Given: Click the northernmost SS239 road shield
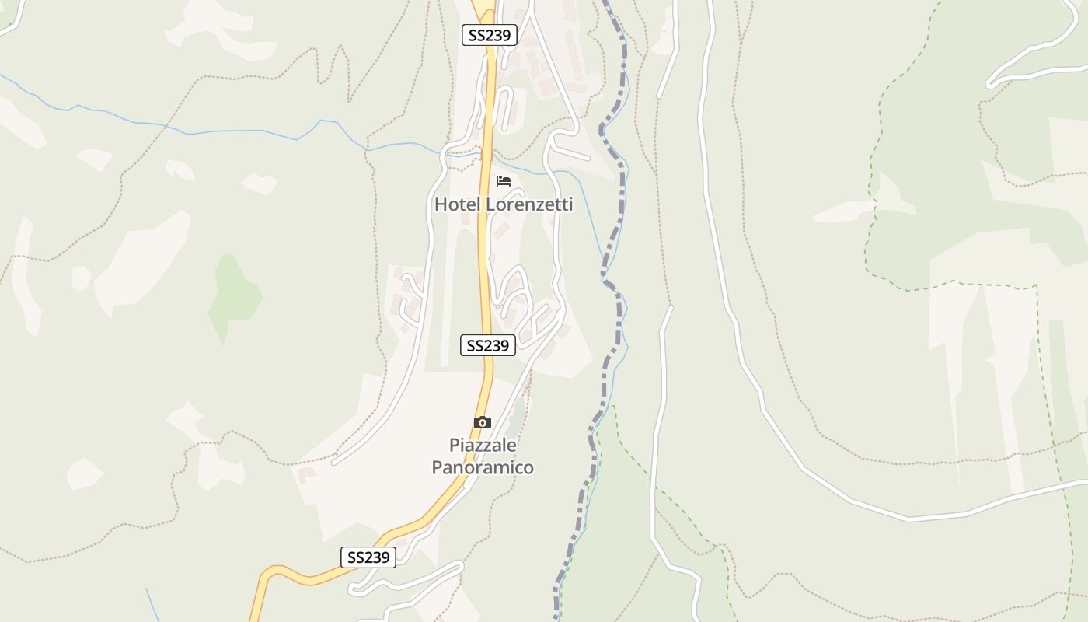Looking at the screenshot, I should point(490,35).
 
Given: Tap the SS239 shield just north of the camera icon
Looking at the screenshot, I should point(488,345).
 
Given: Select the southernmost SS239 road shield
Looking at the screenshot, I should point(368,557).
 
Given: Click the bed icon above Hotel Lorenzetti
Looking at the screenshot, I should point(504,181).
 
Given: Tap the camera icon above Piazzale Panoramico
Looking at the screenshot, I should point(483,422).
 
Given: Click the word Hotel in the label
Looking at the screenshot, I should point(457,204).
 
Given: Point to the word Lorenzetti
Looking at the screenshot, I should point(528,204).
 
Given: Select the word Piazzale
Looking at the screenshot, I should point(483,446).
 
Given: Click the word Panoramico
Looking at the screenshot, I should point(483,467).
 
